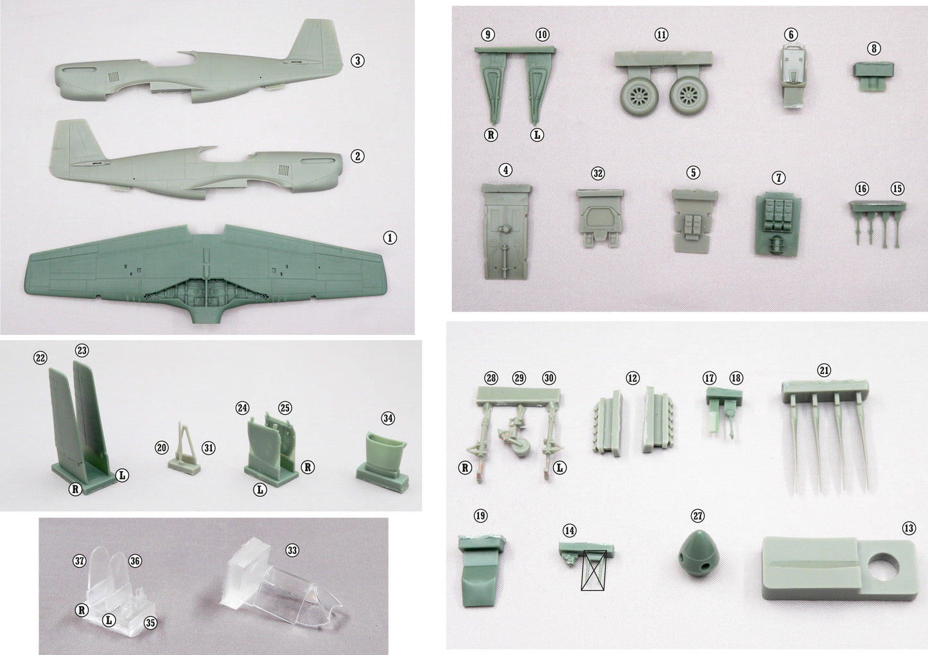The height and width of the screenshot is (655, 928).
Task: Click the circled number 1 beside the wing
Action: tap(389, 238)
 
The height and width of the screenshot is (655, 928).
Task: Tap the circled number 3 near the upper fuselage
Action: tap(358, 61)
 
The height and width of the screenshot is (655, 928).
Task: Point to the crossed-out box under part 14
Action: tap(593, 570)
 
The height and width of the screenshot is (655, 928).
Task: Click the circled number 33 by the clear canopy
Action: tap(292, 550)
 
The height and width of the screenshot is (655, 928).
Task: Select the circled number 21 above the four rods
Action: tap(823, 370)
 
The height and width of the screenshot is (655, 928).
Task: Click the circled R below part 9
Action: tap(491, 135)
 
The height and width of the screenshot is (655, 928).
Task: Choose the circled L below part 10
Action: tap(537, 135)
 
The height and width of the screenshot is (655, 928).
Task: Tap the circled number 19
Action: tap(480, 516)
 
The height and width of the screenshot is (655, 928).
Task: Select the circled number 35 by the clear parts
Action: tap(150, 623)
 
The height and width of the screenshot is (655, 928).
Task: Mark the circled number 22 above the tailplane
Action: tap(40, 358)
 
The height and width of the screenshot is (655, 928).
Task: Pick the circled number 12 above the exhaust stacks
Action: tap(632, 378)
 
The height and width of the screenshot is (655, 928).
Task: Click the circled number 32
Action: tap(598, 174)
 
